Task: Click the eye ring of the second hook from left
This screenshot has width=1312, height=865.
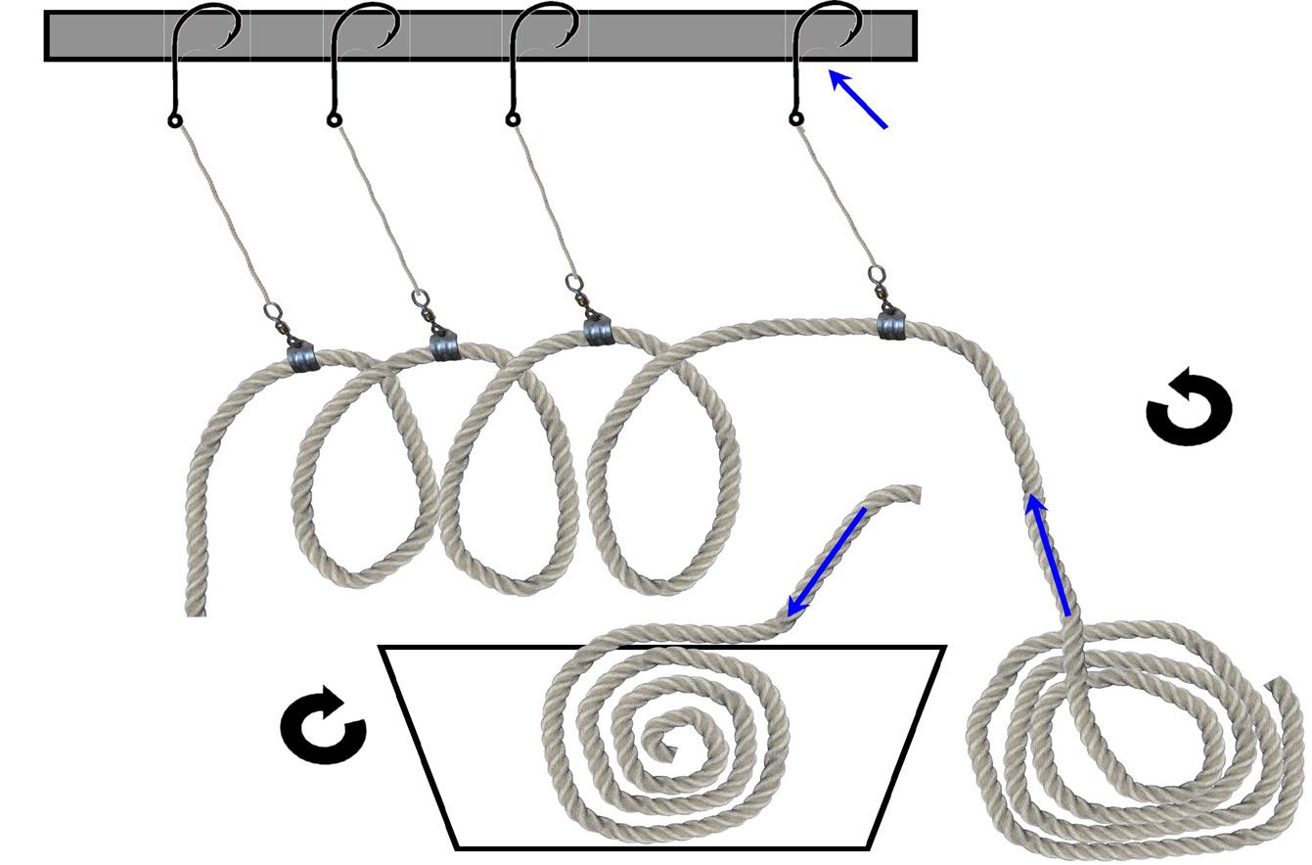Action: (334, 120)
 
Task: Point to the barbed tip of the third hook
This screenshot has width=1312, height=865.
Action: (568, 39)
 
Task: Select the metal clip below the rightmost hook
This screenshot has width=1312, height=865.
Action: (891, 324)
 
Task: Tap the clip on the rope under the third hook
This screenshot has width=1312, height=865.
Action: (598, 331)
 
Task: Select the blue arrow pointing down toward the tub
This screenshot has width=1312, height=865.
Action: (826, 562)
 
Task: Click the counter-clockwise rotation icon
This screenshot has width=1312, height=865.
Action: (1189, 407)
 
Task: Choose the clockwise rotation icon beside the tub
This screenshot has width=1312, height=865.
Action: (324, 726)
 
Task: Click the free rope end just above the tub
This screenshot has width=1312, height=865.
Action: (910, 494)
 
